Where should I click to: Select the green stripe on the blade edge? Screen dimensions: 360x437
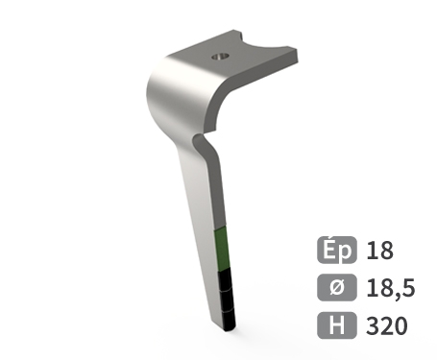(223, 252)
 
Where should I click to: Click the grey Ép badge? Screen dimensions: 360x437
(337, 252)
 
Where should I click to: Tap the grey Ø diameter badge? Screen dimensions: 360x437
(337, 288)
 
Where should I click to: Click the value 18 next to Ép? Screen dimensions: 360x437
(380, 252)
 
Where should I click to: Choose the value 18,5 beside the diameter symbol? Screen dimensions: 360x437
(389, 288)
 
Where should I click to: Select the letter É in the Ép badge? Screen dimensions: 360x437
(330, 252)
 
